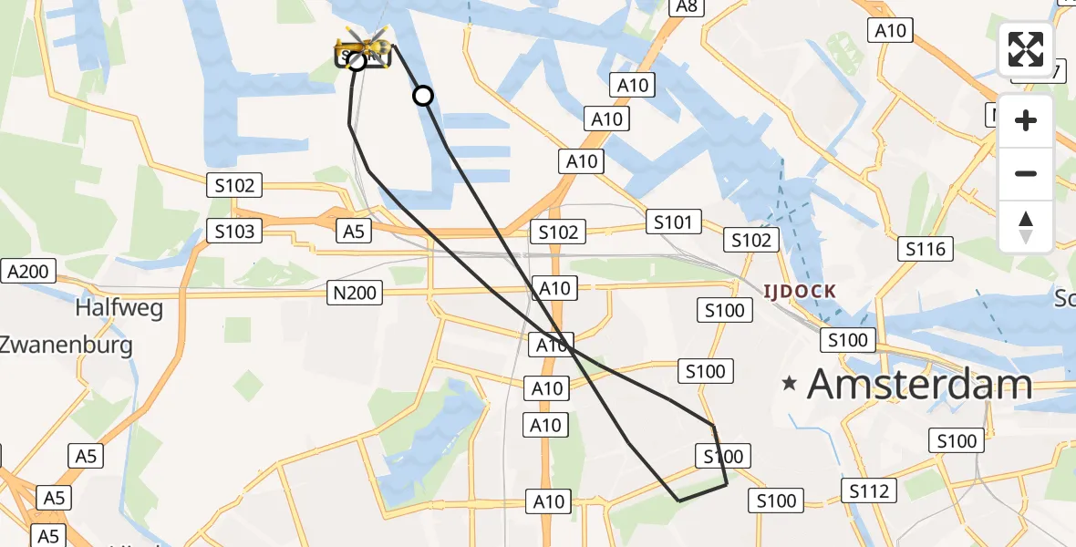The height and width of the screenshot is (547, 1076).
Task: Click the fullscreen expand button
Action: (1026, 49)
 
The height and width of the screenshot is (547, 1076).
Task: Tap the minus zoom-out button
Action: (1026, 173)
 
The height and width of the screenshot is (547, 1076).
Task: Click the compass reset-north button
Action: (1026, 227)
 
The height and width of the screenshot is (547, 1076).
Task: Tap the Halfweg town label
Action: (119, 308)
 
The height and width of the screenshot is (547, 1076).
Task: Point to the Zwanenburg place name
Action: (66, 345)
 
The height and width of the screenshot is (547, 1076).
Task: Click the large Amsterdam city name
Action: (919, 384)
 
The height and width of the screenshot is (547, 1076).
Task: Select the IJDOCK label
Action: (799, 292)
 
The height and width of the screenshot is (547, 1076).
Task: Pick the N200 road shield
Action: (356, 293)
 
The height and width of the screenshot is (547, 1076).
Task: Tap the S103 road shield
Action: (234, 232)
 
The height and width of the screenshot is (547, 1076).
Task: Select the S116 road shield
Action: (926, 249)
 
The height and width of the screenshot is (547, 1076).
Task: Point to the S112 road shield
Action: (867, 491)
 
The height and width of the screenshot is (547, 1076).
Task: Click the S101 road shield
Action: (674, 222)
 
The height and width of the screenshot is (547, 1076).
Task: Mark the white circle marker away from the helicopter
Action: (423, 95)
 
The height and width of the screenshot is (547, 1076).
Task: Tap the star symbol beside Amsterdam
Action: (790, 384)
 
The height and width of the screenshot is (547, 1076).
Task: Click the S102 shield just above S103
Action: (234, 186)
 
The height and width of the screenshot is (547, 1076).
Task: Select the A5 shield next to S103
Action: (353, 232)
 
